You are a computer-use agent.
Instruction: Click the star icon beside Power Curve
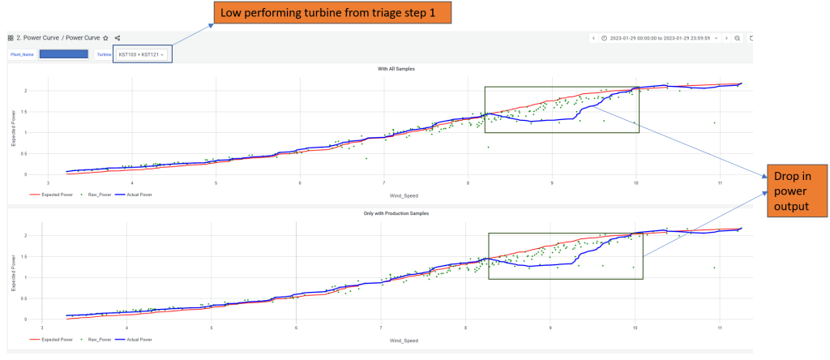pos(106,38)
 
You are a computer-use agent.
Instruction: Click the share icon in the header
pos(118,38)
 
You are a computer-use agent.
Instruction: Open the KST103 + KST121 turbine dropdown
pos(142,54)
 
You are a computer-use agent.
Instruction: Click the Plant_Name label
pos(22,54)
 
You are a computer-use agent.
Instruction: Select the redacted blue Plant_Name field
pos(63,54)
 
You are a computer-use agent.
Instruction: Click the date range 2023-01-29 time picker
pos(659,38)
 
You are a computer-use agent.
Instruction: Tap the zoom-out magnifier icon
pos(737,38)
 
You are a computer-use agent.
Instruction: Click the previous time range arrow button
pos(593,38)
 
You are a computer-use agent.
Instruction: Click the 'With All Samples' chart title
pos(379,69)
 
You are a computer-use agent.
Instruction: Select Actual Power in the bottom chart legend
pos(138,339)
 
